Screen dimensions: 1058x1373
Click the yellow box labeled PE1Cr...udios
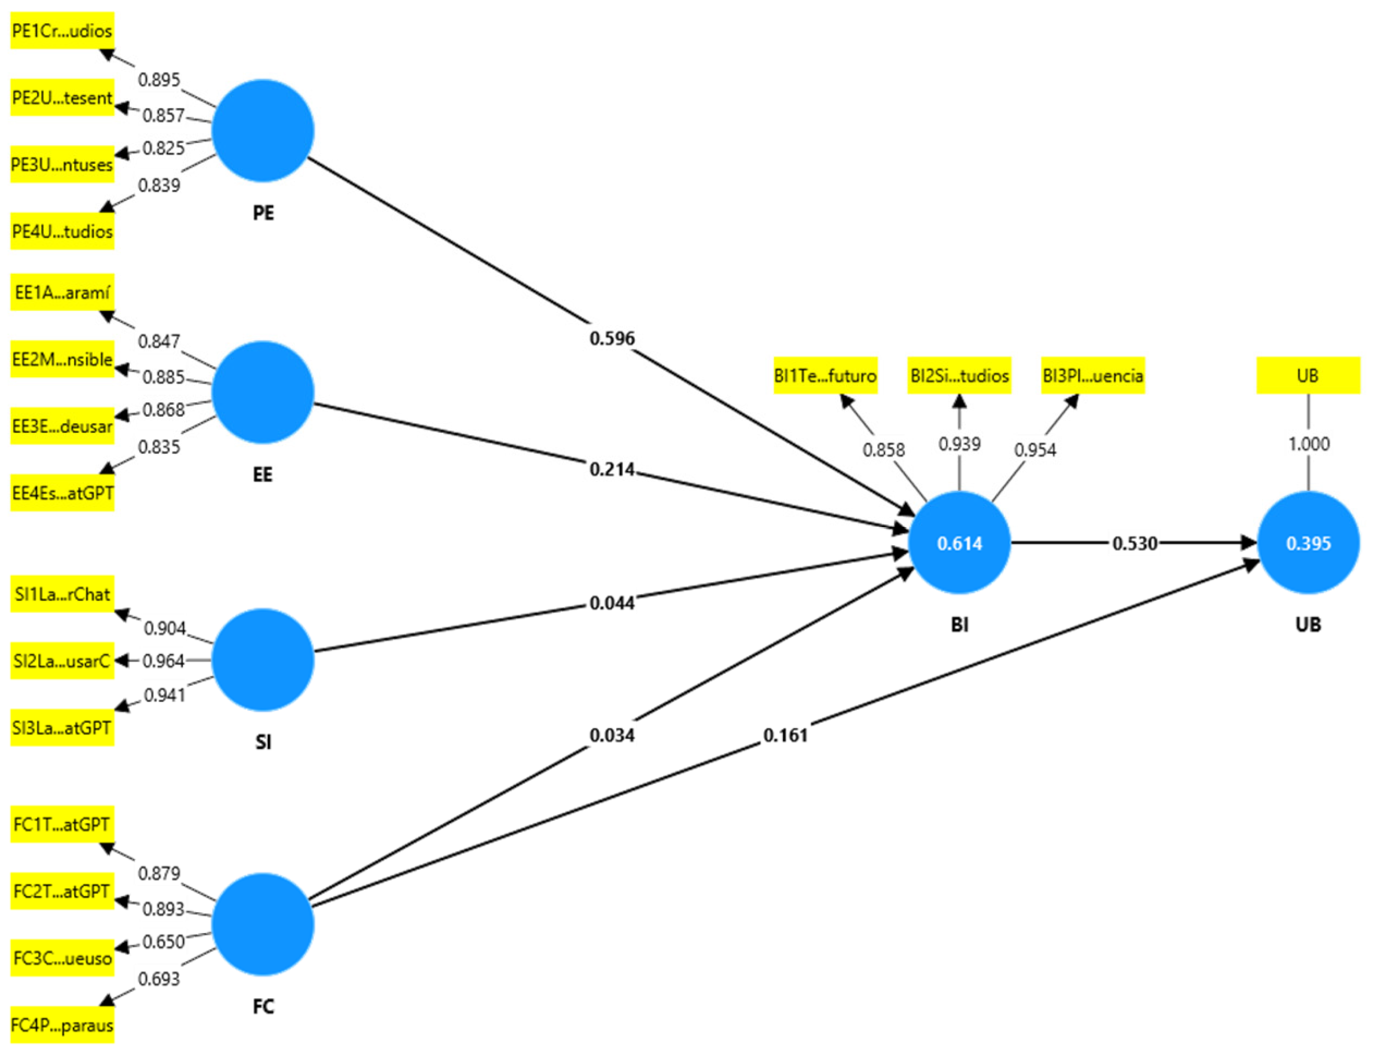[62, 31]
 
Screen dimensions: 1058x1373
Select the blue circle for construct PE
[263, 130]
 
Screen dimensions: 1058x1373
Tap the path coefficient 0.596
[612, 339]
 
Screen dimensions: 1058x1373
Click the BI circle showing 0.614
[959, 543]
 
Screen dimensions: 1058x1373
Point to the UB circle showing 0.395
[1308, 543]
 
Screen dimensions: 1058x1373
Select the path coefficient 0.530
[1135, 543]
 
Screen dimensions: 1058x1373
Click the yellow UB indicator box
[1308, 376]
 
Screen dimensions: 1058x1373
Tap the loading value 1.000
[1308, 444]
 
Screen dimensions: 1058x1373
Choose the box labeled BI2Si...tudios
[959, 376]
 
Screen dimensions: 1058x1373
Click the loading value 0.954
[1035, 450]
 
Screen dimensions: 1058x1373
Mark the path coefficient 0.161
[785, 734]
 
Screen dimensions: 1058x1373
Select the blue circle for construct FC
[263, 924]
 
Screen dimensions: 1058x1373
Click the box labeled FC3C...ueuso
[62, 958]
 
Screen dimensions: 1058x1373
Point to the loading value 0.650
[163, 942]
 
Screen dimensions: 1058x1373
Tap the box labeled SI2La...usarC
[62, 661]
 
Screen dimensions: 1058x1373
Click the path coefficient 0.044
[612, 603]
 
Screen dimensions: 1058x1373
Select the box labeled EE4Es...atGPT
[62, 493]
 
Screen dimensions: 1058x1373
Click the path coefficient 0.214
[612, 469]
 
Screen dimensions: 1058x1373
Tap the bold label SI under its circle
[263, 742]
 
